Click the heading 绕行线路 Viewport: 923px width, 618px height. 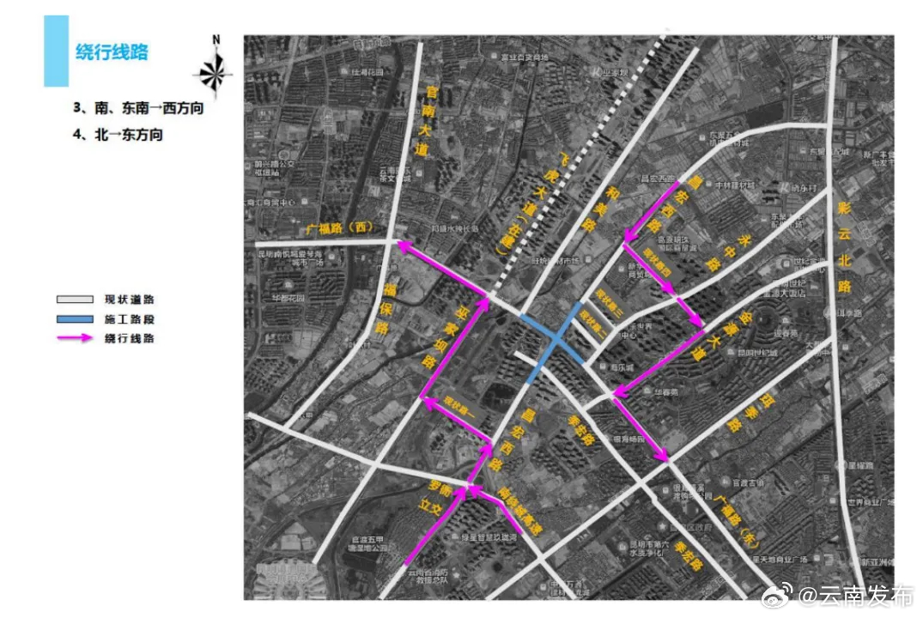pyautogui.click(x=112, y=52)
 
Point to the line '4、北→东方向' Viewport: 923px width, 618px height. pyautogui.click(x=118, y=135)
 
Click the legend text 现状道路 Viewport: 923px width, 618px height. pyautogui.click(x=130, y=300)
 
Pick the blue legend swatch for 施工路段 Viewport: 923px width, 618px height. pyautogui.click(x=75, y=319)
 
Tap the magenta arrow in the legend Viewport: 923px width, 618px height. pyautogui.click(x=75, y=338)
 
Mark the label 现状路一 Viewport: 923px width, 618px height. pyautogui.click(x=458, y=404)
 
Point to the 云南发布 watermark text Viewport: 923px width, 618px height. pyautogui.click(x=864, y=595)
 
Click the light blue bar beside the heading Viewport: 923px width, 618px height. pyautogui.click(x=56, y=51)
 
